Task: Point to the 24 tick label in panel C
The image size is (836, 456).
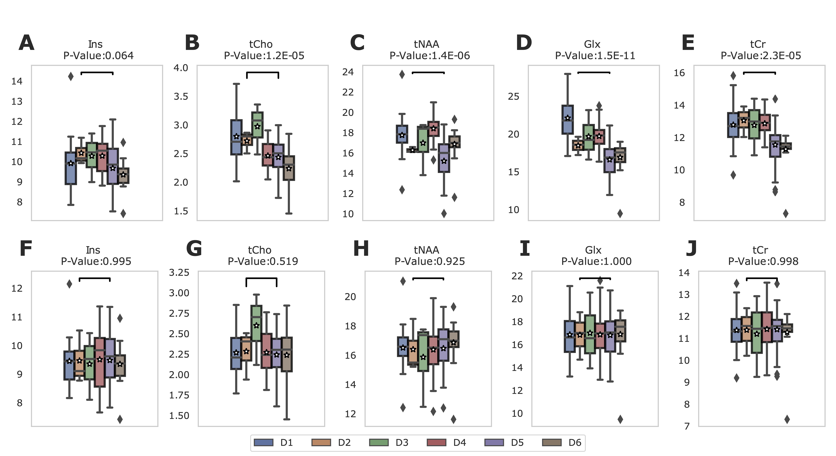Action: click(x=348, y=72)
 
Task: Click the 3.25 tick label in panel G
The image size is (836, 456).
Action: click(x=179, y=272)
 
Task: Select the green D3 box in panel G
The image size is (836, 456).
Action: click(x=256, y=323)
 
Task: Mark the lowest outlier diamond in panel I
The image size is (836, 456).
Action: click(x=620, y=419)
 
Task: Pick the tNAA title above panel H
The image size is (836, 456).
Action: click(x=426, y=250)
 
